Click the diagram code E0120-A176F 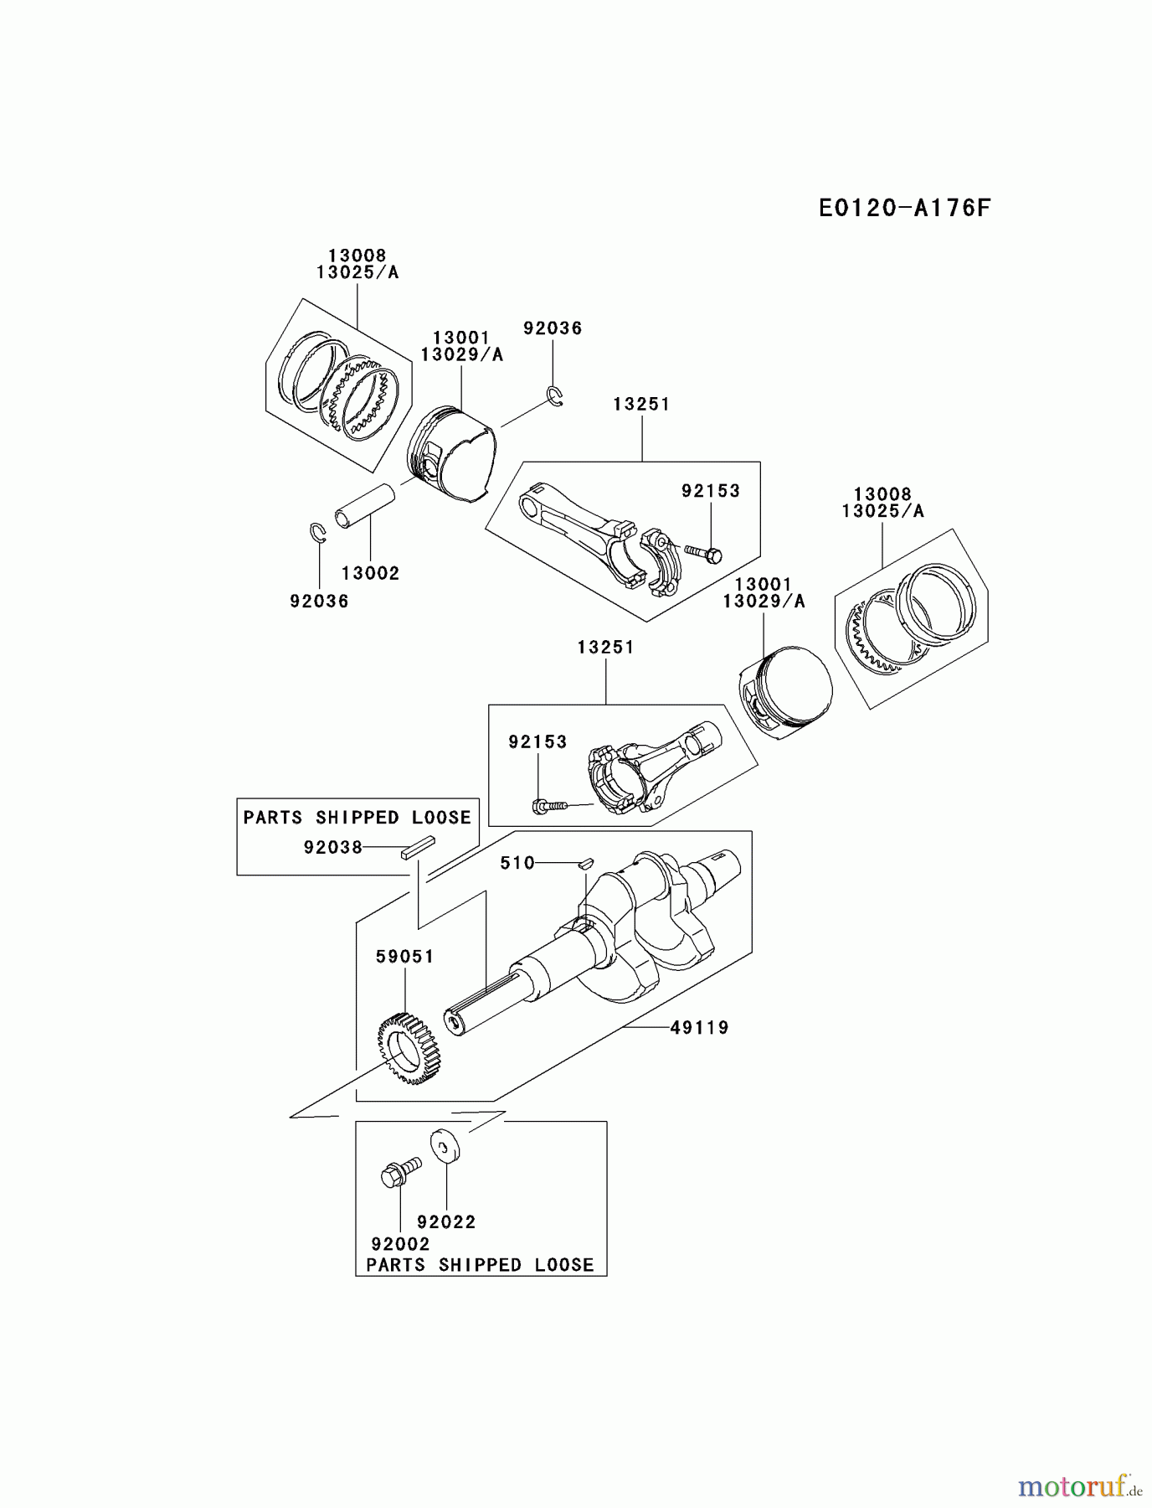(x=904, y=208)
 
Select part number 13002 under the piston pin (x=370, y=574)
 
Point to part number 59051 (x=404, y=957)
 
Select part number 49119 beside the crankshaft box (x=699, y=1027)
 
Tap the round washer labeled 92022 (x=446, y=1147)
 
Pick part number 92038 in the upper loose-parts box (x=332, y=848)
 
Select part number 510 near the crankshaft (x=517, y=863)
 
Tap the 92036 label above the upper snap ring (x=553, y=328)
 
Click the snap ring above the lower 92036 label (x=317, y=532)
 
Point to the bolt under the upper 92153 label (x=704, y=553)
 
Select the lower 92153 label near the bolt (x=537, y=742)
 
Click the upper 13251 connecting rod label (x=641, y=405)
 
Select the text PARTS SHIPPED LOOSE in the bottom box (x=480, y=1265)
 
